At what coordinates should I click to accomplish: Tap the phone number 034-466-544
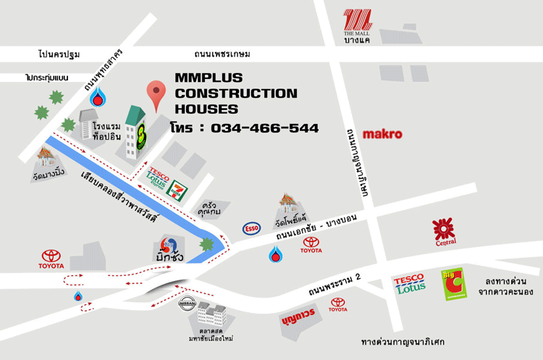265,128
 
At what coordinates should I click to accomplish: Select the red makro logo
383,134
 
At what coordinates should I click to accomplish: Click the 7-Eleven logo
174,191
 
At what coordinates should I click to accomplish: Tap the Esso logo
253,228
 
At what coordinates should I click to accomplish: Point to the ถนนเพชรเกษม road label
222,54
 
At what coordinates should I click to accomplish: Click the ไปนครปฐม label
59,54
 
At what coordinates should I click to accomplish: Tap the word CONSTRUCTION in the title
236,93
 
